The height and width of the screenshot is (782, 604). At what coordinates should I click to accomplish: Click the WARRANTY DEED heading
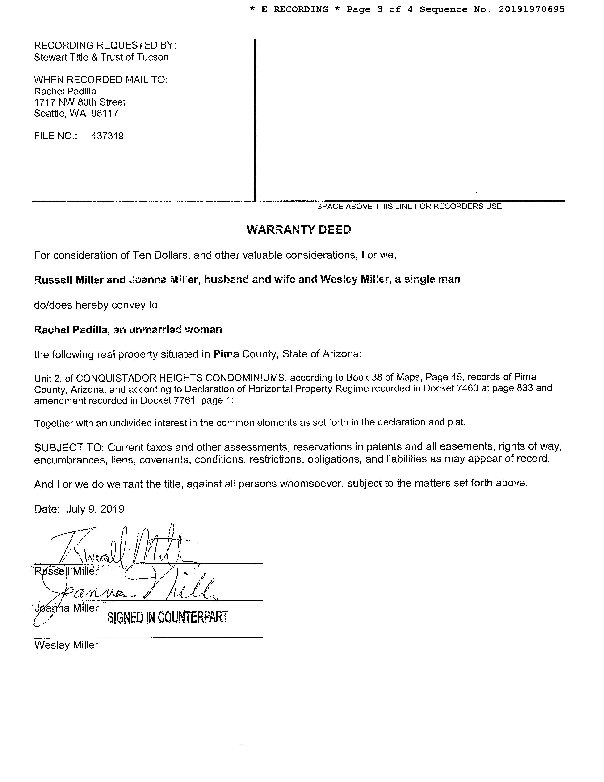[299, 229]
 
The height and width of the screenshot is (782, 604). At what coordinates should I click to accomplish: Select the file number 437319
[107, 136]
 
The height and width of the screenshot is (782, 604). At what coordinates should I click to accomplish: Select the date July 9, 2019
[95, 509]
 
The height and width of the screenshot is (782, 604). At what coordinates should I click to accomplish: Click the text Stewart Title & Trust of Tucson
[101, 57]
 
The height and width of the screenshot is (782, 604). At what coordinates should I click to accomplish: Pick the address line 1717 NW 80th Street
[80, 102]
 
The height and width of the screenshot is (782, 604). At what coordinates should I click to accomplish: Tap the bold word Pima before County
[226, 354]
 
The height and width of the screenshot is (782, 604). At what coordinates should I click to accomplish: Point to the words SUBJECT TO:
[69, 448]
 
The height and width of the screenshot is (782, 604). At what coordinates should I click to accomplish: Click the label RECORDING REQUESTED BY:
[105, 46]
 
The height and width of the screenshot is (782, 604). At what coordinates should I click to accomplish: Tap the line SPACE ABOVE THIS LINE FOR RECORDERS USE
[409, 206]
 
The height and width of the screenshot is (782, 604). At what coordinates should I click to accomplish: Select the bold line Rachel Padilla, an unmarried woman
[128, 329]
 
